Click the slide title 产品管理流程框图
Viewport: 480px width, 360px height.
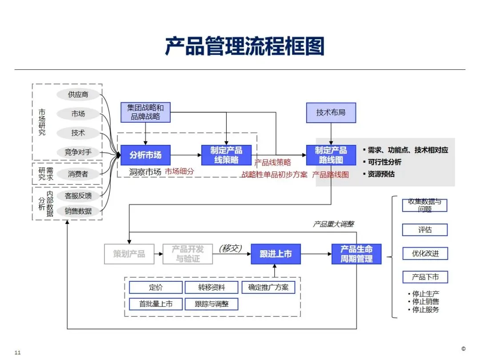[244, 46]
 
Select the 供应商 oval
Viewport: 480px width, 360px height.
[78, 95]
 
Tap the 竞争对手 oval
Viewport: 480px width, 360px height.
[78, 152]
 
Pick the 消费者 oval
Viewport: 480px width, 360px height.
[78, 174]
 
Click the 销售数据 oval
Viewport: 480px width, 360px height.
[78, 211]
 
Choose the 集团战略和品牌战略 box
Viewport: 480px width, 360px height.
[145, 112]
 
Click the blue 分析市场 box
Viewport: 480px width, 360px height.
[145, 155]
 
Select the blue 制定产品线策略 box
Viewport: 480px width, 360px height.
[226, 155]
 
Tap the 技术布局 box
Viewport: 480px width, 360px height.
[331, 112]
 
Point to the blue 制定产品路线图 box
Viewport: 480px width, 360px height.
[331, 155]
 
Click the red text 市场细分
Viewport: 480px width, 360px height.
[180, 171]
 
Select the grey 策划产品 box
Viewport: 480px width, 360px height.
[129, 254]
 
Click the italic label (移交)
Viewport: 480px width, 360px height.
[231, 248]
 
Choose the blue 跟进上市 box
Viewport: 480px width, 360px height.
[276, 254]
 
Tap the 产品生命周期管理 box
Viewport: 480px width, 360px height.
[356, 254]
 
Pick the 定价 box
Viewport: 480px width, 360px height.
[156, 288]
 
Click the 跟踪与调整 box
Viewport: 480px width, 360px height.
[212, 304]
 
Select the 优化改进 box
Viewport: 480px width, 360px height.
[425, 254]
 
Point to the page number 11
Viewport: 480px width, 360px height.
[18, 352]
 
